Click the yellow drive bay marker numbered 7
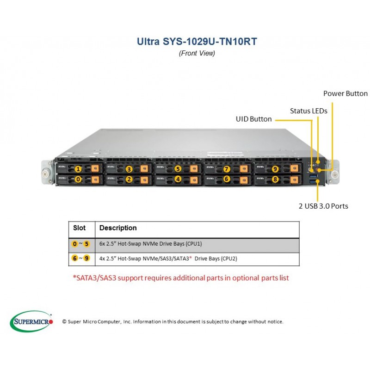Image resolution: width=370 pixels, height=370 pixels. tap(227, 169)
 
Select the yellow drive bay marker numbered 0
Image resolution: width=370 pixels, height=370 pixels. tap(78, 179)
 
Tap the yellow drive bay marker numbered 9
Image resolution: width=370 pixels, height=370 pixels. tap(275, 169)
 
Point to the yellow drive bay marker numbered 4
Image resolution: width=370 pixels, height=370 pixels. tap(178, 179)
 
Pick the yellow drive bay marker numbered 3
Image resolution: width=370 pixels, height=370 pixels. tap(129, 169)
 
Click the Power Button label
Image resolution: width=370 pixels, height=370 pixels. tap(345, 93)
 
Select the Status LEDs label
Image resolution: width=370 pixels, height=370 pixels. tap(308, 111)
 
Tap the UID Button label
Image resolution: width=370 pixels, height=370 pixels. tap(253, 119)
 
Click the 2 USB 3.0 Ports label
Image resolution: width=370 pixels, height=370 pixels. tap(323, 206)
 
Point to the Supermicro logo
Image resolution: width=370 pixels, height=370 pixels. tap(31, 321)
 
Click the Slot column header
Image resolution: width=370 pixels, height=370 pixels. tap(79, 228)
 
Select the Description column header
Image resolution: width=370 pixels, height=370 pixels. tap(118, 228)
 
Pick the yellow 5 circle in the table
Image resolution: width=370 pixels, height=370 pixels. tap(86, 244)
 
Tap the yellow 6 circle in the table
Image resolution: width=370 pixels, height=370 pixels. tap(74, 258)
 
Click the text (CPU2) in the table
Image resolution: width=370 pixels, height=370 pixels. tap(229, 259)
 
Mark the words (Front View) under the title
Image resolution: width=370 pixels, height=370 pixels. tap(197, 53)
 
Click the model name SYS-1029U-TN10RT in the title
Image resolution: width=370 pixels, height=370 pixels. tap(210, 42)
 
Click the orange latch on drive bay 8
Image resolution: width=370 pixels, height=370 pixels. tap(294, 179)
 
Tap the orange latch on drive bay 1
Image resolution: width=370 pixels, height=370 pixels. tap(95, 168)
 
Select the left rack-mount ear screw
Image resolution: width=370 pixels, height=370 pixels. tap(45, 174)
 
